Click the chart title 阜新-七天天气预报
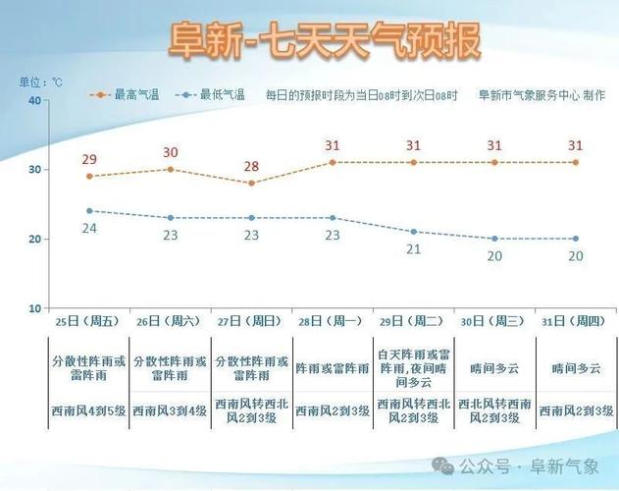pyautogui.click(x=325, y=41)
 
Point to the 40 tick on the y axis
pyautogui.click(x=34, y=100)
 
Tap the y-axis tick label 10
pyautogui.click(x=34, y=308)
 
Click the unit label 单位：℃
pyautogui.click(x=40, y=82)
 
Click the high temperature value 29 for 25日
pyautogui.click(x=89, y=159)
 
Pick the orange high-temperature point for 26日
pyautogui.click(x=171, y=169)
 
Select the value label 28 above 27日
pyautogui.click(x=251, y=166)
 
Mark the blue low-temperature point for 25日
pyautogui.click(x=89, y=210)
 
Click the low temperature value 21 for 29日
pyautogui.click(x=413, y=249)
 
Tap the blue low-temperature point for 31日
pyautogui.click(x=575, y=239)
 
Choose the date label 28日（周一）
pyautogui.click(x=332, y=321)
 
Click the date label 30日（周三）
pyautogui.click(x=493, y=321)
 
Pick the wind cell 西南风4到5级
pyautogui.click(x=89, y=410)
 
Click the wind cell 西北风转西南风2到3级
pyautogui.click(x=493, y=410)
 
